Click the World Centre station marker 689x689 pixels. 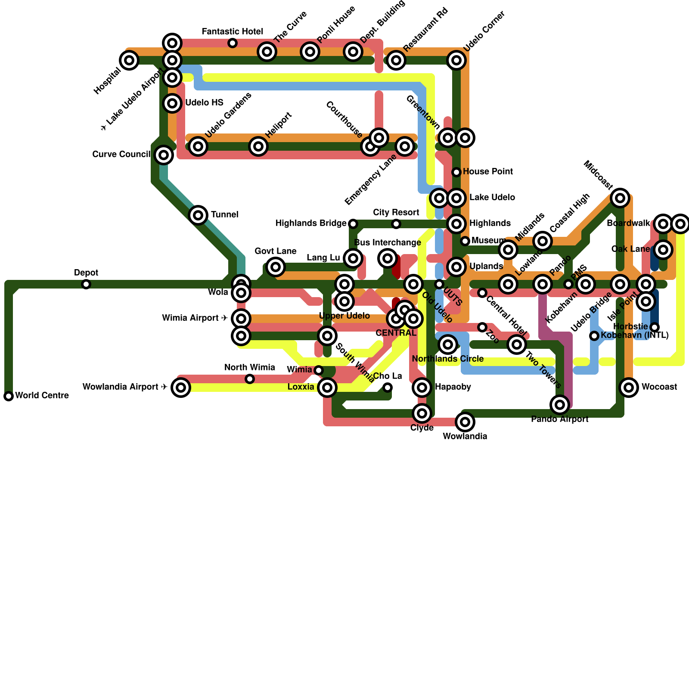[x=9, y=396]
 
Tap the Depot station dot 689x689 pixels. [x=86, y=284]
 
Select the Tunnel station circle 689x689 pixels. [x=198, y=215]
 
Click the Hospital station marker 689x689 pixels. [x=129, y=60]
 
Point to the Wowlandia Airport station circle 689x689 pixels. [x=181, y=388]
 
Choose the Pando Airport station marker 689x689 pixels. [x=560, y=405]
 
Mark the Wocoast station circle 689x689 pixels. [x=629, y=388]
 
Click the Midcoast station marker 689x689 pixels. [x=620, y=198]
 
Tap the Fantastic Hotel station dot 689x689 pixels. [x=233, y=43]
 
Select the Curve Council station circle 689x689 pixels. [x=164, y=155]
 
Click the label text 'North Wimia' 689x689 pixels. [x=250, y=368]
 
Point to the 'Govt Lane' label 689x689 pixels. [x=276, y=251]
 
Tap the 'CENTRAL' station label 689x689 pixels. [x=396, y=333]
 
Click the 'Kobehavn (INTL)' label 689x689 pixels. [x=635, y=335]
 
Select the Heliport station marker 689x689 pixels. [x=258, y=146]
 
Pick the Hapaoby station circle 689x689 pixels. [x=422, y=388]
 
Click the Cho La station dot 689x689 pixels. [x=388, y=388]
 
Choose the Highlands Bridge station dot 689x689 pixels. [x=353, y=224]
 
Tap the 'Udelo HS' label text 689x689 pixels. [x=205, y=103]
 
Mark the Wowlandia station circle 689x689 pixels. [x=465, y=422]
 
